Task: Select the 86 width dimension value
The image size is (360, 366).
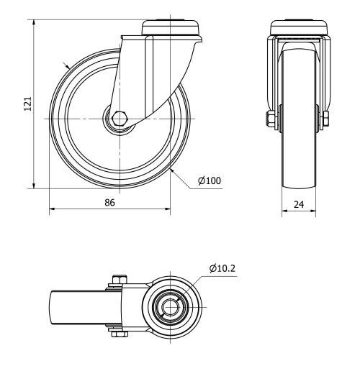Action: [x=110, y=203]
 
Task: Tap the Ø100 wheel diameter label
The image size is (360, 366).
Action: [x=209, y=180]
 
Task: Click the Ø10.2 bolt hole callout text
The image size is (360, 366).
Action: [x=224, y=268]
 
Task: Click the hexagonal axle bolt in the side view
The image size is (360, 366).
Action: [x=120, y=117]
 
